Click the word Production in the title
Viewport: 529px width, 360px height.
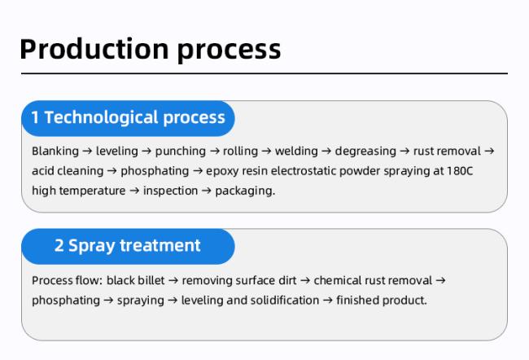94,50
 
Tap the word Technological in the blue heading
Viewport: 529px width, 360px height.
101,118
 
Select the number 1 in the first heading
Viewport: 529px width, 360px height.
35,117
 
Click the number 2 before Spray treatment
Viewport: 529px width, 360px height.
59,245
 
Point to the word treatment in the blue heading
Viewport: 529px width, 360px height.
160,245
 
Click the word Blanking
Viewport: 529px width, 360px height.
55,151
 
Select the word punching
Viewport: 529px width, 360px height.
181,151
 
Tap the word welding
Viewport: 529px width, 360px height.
296,151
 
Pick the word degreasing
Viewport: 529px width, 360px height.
365,151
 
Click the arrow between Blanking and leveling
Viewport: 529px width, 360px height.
87,151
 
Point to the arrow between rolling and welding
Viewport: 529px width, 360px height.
266,151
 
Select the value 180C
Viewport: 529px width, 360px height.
460,170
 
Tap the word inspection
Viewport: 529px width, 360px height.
171,191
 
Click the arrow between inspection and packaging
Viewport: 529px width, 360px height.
207,191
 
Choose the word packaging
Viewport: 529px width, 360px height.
245,191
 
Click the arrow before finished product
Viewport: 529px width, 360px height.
328,301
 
